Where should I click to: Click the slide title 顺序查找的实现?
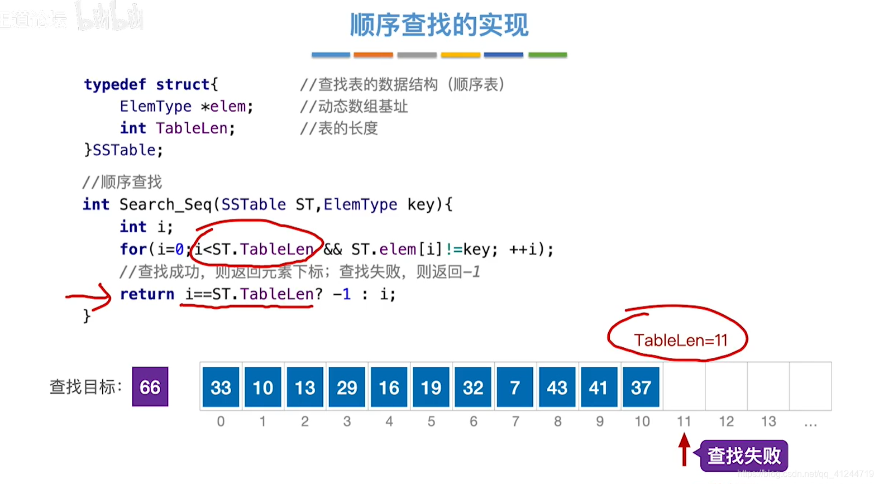coord(439,25)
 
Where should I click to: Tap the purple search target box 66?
coord(150,387)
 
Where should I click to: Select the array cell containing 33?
coord(221,387)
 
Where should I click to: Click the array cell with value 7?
coord(515,387)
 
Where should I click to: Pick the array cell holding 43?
coord(557,387)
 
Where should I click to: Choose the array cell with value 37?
coord(641,387)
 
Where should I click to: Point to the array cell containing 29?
coord(347,387)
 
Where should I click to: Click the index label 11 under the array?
coord(684,421)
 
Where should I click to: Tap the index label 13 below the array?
coord(768,421)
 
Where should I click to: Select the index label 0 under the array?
coord(221,421)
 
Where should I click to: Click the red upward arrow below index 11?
coord(684,449)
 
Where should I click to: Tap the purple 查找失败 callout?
coord(744,456)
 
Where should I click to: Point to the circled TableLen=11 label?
coord(680,339)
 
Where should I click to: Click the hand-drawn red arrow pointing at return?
coord(89,296)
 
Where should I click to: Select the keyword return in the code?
coord(147,294)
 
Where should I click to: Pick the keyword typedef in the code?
coord(115,84)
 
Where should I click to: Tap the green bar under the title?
coord(547,55)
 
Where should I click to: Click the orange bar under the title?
coord(373,55)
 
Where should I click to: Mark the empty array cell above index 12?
coord(727,387)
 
